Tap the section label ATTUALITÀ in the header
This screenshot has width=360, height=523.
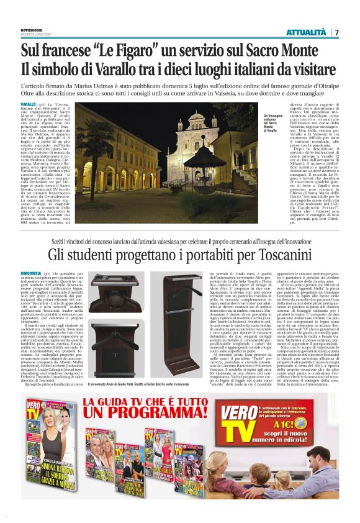click(307, 32)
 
